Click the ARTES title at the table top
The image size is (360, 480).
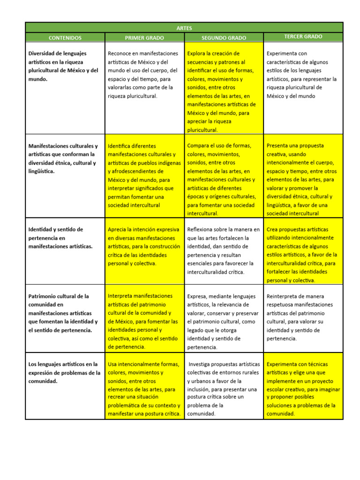tap(184, 28)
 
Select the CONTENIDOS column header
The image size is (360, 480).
tap(65, 37)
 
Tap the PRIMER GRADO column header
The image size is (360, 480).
tap(144, 37)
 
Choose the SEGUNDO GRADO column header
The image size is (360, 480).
tap(224, 37)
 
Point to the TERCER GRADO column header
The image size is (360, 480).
tap(303, 37)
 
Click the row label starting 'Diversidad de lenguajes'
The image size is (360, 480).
tap(64, 66)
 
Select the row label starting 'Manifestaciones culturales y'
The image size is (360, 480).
tap(63, 158)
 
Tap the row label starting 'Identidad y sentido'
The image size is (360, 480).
tap(61, 238)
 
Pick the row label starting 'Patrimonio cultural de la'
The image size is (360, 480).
tap(63, 313)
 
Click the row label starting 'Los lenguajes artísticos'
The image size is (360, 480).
tap(64, 372)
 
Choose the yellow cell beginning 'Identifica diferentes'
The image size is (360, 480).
tap(144, 175)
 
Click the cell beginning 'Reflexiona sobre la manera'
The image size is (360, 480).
tap(223, 250)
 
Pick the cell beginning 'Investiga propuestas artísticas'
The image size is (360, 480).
tap(223, 389)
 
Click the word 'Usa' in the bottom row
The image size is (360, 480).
tap(113, 364)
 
